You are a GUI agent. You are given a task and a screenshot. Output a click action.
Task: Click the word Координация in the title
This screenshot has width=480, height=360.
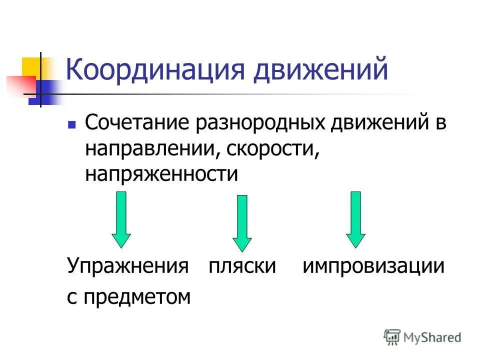pos(155,70)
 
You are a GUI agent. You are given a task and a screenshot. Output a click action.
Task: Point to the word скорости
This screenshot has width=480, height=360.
pos(273,148)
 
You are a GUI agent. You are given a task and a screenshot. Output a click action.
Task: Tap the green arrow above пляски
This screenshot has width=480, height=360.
pos(242,222)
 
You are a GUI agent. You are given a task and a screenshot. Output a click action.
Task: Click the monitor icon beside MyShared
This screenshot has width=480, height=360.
pos(392,337)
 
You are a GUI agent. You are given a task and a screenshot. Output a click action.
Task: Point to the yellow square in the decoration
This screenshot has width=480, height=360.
pos(31,67)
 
